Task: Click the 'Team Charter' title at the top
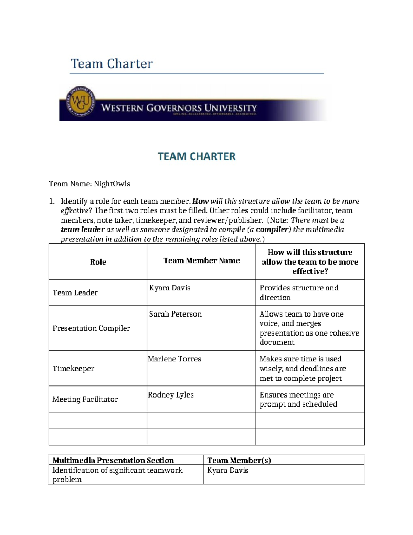(112, 64)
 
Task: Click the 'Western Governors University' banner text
(179, 108)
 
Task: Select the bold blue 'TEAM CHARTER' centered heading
(197, 156)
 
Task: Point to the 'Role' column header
(98, 262)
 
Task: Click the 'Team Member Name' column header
(201, 260)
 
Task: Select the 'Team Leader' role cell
(75, 292)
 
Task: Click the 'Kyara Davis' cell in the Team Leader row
(170, 288)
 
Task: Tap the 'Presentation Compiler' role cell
(91, 328)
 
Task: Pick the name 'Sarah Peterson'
(175, 314)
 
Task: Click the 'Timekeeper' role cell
(73, 369)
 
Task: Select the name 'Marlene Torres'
(174, 359)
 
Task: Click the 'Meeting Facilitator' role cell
(85, 399)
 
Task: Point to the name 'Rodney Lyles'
(171, 395)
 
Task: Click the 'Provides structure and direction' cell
(299, 292)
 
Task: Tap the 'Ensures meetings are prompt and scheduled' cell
(298, 399)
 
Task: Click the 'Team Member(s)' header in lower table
(239, 460)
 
